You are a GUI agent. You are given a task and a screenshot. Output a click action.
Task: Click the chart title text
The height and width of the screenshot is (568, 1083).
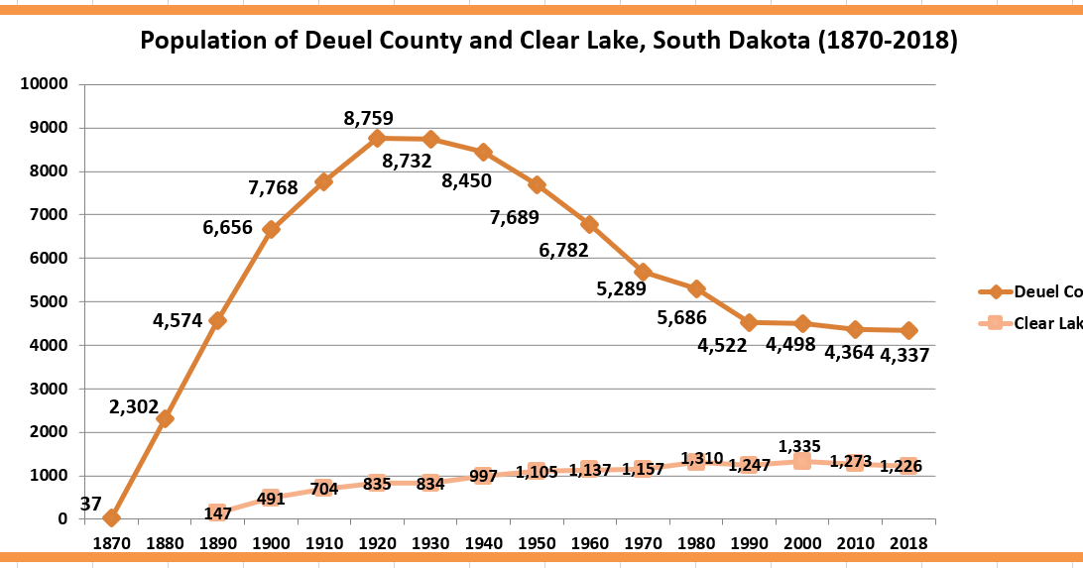[x=548, y=42]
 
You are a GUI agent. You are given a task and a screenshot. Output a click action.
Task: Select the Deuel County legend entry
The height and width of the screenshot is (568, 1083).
[x=1046, y=291]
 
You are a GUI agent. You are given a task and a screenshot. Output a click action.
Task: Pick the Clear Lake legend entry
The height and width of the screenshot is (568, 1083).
[x=1047, y=323]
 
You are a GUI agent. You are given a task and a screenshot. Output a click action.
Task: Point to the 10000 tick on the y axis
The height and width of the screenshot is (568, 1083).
[x=45, y=84]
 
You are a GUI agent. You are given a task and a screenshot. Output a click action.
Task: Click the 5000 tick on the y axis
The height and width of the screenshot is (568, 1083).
[x=49, y=301]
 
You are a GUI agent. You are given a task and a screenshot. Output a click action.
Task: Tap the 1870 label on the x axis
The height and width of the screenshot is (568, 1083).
[x=111, y=543]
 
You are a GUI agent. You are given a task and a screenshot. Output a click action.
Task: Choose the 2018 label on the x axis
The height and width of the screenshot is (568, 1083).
[x=907, y=543]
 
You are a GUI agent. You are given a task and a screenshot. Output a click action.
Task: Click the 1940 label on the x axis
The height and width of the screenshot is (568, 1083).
[x=483, y=543]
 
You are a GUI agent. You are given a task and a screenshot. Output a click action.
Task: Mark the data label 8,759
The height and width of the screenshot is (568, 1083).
[x=370, y=118]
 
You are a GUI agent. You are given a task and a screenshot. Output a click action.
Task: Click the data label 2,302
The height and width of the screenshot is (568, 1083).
[x=135, y=406]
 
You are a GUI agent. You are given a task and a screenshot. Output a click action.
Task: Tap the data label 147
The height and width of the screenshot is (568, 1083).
[x=218, y=513]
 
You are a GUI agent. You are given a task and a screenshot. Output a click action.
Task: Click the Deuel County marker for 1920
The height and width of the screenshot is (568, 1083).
[x=377, y=138]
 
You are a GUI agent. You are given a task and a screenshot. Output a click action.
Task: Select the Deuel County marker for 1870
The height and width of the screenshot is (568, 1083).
[x=111, y=517]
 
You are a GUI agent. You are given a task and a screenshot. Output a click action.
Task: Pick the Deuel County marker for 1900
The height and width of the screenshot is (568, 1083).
[x=271, y=229]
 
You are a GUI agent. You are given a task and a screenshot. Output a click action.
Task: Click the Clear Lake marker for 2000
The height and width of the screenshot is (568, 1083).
[x=801, y=461]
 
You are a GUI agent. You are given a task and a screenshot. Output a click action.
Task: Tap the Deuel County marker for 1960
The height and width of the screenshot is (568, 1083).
[x=589, y=224]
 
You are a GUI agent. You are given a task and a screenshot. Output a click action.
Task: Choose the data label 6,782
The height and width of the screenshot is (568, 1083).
[x=564, y=250]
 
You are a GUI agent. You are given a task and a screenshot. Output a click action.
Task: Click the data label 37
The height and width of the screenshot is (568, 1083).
[x=90, y=505]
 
